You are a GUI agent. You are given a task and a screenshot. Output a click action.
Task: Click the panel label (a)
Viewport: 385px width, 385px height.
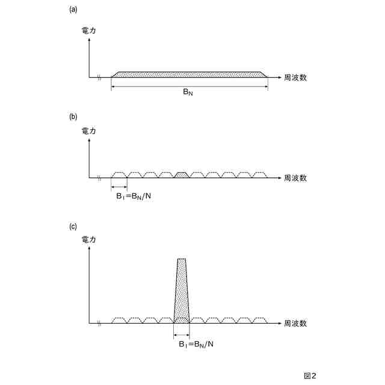click(74, 9)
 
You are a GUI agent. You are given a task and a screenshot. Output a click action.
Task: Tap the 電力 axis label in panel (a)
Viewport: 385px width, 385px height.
click(88, 29)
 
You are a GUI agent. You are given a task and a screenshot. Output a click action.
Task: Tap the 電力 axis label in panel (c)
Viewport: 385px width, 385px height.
click(88, 240)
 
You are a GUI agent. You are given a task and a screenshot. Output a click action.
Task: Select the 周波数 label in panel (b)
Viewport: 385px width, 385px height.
click(295, 178)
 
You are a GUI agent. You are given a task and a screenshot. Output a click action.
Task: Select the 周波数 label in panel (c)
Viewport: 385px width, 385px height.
click(295, 323)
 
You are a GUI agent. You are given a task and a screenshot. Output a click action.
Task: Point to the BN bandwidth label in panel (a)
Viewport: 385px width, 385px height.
click(189, 93)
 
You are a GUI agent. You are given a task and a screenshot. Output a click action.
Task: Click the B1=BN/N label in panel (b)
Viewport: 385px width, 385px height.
click(134, 196)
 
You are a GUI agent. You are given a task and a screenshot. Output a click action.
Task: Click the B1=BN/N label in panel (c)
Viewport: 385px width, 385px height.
click(196, 344)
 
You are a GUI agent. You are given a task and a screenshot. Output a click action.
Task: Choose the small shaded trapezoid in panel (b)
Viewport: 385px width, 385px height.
click(181, 175)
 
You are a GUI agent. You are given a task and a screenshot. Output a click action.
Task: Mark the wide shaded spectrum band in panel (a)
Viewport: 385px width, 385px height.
click(189, 75)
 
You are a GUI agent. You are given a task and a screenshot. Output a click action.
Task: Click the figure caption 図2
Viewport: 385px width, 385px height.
click(310, 375)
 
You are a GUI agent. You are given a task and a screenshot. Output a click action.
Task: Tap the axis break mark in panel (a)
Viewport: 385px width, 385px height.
click(99, 78)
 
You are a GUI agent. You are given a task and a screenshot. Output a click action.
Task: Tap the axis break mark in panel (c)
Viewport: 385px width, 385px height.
click(99, 323)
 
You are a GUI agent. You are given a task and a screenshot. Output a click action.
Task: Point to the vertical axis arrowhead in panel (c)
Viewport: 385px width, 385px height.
click(89, 248)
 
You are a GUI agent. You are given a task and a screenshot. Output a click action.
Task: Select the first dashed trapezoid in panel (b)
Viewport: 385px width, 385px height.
click(119, 175)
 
